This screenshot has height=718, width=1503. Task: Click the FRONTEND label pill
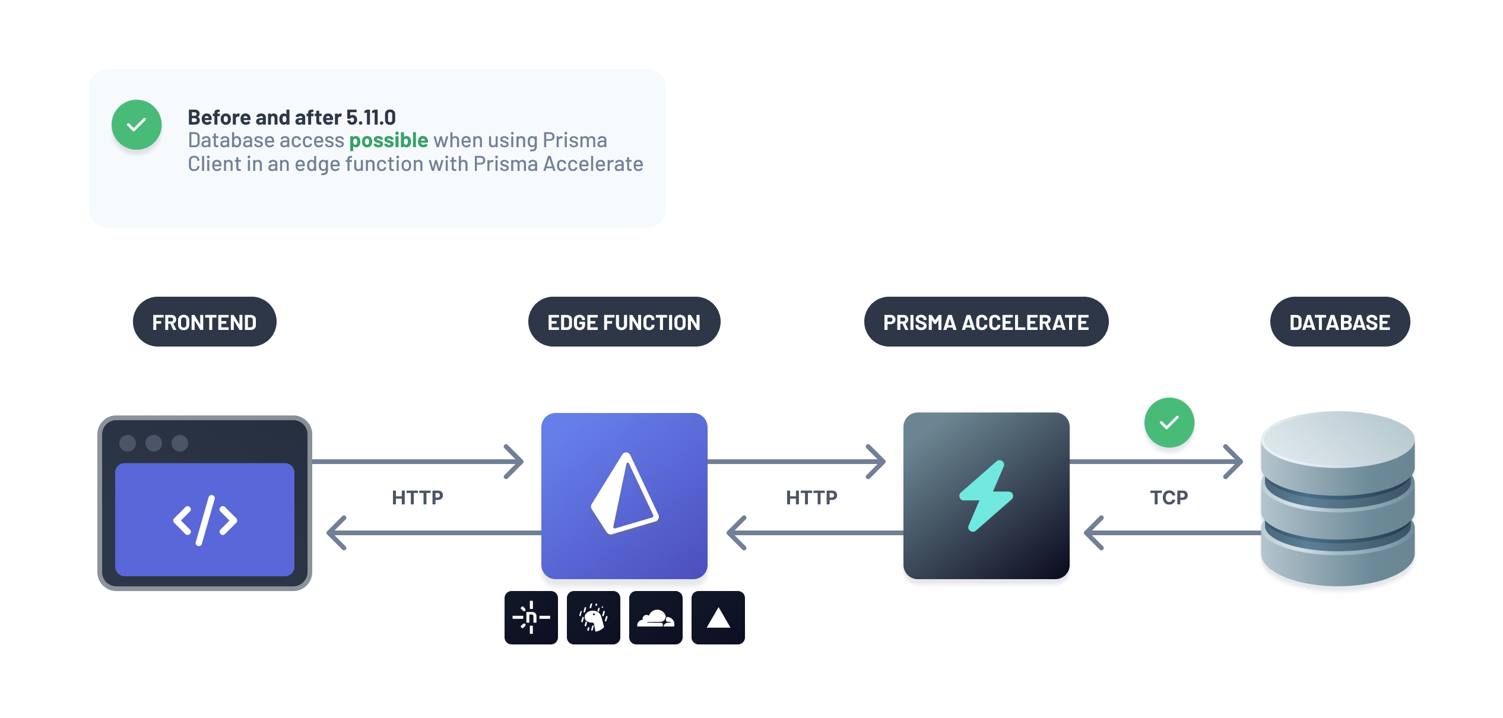tap(204, 322)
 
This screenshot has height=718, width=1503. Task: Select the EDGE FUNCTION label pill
tap(624, 322)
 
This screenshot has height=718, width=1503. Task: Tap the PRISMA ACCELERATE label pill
tap(986, 322)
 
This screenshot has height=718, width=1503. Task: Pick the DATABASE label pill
tap(1340, 322)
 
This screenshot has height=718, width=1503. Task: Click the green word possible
tap(388, 141)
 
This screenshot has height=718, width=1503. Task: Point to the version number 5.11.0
tap(371, 117)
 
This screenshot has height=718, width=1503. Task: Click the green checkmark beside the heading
tap(137, 125)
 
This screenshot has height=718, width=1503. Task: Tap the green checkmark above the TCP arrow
tap(1169, 422)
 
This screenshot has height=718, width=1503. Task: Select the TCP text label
tap(1169, 497)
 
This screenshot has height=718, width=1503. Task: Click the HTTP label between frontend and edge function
tap(417, 497)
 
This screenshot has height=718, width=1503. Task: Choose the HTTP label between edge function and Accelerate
tap(811, 497)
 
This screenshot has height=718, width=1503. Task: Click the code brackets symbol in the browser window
tap(205, 520)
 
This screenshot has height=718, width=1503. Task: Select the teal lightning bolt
tap(986, 495)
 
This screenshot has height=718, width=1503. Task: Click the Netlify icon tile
tap(531, 618)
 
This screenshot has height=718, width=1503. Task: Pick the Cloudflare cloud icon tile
tap(655, 618)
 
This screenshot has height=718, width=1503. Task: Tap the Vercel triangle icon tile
tap(718, 618)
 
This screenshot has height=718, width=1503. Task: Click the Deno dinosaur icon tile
tap(593, 618)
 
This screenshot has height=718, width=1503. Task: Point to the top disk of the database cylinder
tap(1337, 439)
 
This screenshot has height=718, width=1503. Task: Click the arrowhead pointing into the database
tap(1235, 462)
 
